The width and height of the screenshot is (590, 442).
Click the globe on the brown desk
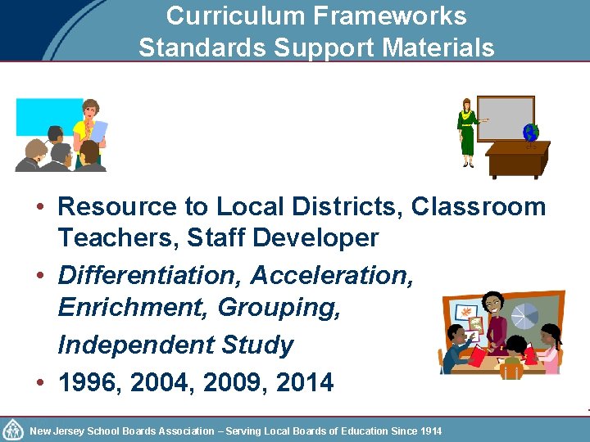pos(530,133)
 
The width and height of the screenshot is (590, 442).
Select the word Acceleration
pos(331,275)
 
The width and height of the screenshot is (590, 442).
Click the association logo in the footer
pos(13,430)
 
